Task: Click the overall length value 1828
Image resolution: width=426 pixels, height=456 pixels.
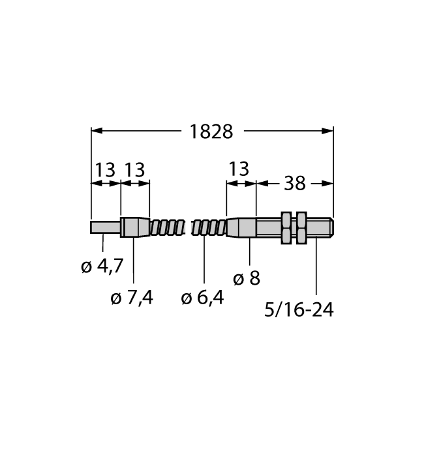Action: point(211,131)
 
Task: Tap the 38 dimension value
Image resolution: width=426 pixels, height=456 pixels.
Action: point(295,184)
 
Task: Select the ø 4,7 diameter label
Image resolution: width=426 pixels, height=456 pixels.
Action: point(102,266)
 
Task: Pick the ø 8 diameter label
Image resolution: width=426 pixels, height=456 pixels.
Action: point(246,278)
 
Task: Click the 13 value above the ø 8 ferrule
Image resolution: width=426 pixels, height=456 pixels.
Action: point(239,169)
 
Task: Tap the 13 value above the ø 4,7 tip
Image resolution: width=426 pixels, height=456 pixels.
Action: point(104,170)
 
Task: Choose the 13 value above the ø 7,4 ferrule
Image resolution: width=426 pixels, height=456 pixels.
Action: point(134,170)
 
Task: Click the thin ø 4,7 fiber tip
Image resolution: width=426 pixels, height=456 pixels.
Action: point(104,228)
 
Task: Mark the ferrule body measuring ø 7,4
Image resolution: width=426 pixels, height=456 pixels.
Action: point(134,227)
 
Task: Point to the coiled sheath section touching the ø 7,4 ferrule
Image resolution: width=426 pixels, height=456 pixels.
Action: point(166,228)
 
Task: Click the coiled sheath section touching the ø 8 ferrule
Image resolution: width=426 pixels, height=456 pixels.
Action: point(209,228)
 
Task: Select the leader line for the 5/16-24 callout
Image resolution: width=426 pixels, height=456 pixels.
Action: point(316,267)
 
